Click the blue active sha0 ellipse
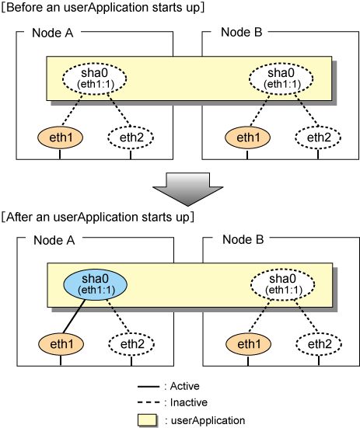(95, 284)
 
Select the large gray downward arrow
(188, 189)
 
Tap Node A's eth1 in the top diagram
(60, 137)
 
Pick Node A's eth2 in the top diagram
(131, 137)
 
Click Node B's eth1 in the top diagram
(247, 137)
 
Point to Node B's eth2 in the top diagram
(318, 137)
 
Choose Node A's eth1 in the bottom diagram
(61, 344)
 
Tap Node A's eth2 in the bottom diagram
(131, 344)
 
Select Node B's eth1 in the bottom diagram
(248, 344)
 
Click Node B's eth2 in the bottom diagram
(319, 344)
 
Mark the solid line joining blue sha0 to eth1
(74, 316)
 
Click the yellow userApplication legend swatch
(147, 419)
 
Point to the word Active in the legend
(184, 386)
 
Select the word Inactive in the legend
(189, 402)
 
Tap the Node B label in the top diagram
(242, 32)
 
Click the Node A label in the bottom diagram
(54, 240)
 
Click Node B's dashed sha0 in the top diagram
(281, 78)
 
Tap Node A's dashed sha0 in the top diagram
(95, 78)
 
